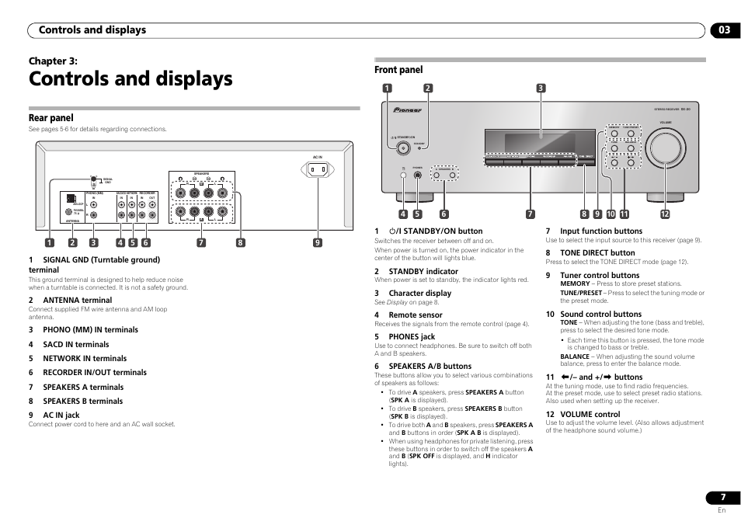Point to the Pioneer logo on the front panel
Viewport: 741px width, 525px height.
pyautogui.click(x=408, y=110)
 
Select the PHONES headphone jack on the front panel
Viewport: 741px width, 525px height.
pyautogui.click(x=418, y=175)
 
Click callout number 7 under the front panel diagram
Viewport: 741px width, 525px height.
pyautogui.click(x=531, y=214)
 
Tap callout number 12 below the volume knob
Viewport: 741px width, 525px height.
pyautogui.click(x=665, y=214)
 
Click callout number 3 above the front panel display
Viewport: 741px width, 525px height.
pyautogui.click(x=541, y=88)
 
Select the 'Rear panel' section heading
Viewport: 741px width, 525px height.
pyautogui.click(x=50, y=118)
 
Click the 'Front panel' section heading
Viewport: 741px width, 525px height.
pyautogui.click(x=398, y=70)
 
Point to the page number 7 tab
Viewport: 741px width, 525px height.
pyautogui.click(x=723, y=498)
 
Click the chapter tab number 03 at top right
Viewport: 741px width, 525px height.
pyautogui.click(x=724, y=30)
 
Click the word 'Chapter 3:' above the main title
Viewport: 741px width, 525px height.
pyautogui.click(x=53, y=61)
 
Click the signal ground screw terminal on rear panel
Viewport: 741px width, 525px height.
pyautogui.click(x=93, y=179)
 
